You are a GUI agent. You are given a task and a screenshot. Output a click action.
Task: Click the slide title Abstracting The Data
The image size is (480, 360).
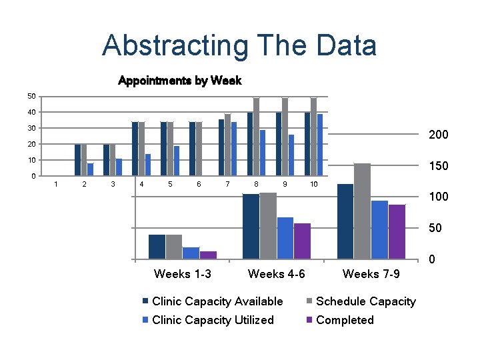point(239,46)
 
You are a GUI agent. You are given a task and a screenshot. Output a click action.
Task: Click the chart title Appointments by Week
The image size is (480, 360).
point(179,81)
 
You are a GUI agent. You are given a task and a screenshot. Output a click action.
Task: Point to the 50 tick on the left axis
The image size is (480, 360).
point(31,97)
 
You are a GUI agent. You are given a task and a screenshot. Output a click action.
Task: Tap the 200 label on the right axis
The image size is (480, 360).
point(438,135)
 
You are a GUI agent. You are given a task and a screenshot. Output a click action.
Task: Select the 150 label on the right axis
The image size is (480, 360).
point(438,166)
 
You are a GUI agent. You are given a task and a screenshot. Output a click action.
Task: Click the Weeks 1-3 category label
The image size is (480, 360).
point(183,274)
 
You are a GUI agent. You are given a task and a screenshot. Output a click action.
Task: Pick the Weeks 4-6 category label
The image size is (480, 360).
point(277,274)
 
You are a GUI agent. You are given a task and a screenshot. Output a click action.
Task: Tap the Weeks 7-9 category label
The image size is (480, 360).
point(371,274)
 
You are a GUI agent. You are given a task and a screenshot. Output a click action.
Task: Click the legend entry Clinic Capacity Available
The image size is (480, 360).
point(217,301)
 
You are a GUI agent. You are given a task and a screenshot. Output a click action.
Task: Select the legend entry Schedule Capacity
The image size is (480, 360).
point(365,301)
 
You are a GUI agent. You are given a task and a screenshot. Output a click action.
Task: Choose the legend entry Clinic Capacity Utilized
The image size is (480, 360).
point(213,320)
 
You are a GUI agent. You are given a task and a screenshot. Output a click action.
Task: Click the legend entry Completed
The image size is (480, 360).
point(345,320)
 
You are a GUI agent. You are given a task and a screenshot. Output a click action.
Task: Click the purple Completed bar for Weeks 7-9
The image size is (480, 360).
point(397,231)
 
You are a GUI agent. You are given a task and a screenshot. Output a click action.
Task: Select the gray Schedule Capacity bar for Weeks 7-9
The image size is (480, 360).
point(362,211)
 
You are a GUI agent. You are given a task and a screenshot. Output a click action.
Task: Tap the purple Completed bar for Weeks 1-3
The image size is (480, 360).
point(208,255)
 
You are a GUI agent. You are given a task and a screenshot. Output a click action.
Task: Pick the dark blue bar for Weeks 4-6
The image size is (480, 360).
point(251,226)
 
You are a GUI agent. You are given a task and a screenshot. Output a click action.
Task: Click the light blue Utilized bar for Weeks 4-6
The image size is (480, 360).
point(285,238)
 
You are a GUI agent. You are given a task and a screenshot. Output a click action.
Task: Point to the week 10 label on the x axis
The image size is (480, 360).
point(313,184)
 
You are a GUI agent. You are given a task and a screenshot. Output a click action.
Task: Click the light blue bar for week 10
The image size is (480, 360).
point(320,145)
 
